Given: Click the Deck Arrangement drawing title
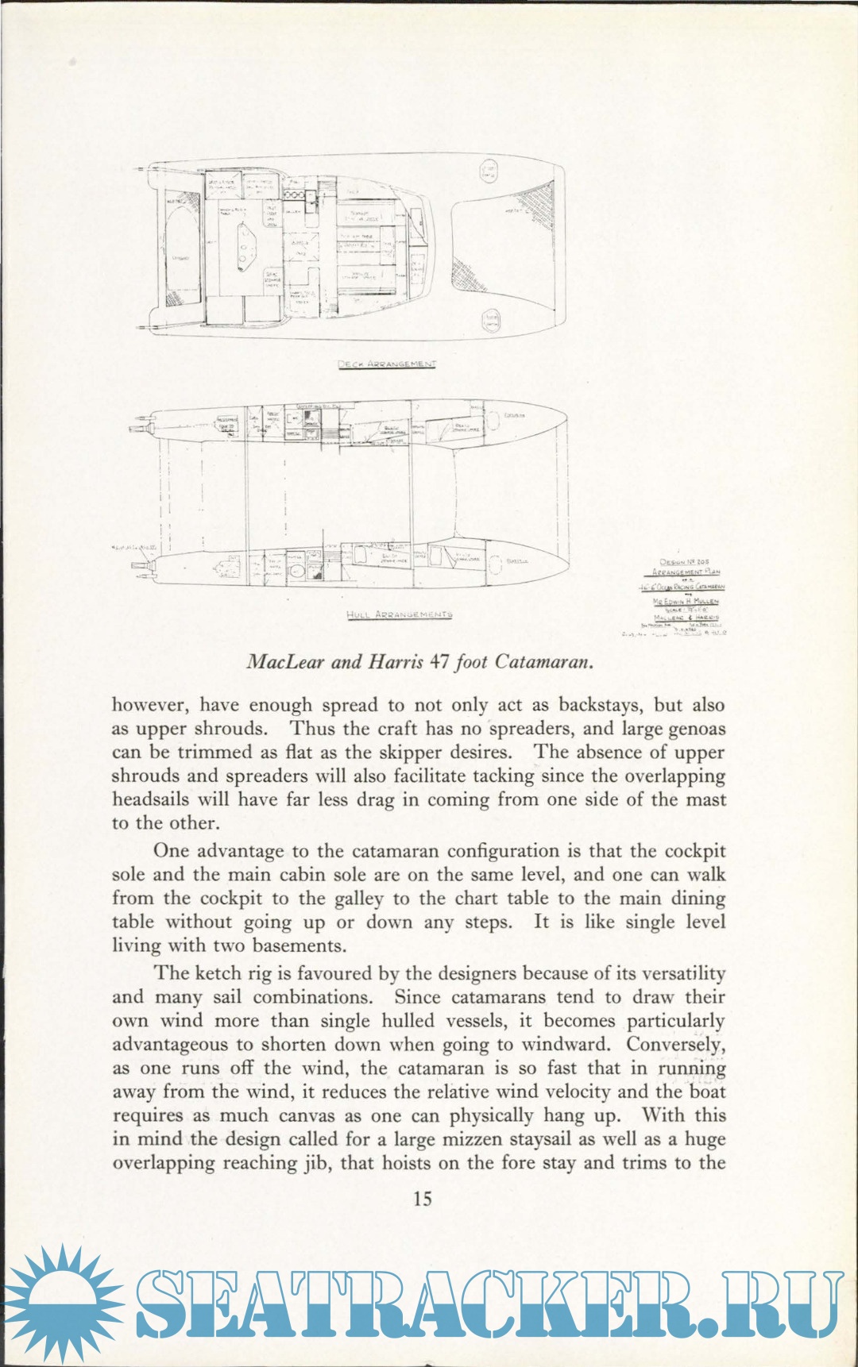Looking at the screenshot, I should [x=387, y=364].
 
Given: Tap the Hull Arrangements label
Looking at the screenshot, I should [x=399, y=614].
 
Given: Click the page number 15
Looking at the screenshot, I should [x=423, y=1198].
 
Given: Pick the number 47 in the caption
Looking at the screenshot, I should [x=439, y=661].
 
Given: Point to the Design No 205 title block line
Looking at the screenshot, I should [x=684, y=562].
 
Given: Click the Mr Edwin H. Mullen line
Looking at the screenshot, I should [x=686, y=602].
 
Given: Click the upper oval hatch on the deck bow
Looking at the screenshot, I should [x=489, y=170].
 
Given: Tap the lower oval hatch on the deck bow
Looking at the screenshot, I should [x=492, y=321].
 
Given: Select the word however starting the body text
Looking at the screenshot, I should [x=151, y=705].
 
